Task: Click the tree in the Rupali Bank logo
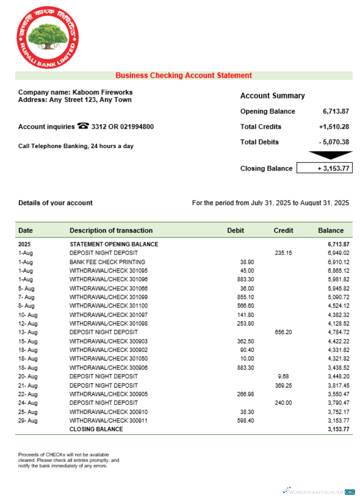(48, 37)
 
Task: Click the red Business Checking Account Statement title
(183, 75)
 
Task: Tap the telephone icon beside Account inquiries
(83, 126)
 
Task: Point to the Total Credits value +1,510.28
(333, 126)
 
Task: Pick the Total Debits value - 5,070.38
(333, 142)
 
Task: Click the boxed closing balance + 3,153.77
(324, 168)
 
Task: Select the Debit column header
(235, 230)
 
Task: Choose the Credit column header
(283, 230)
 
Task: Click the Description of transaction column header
(111, 230)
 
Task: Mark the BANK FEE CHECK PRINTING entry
(107, 262)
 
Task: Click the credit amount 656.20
(283, 332)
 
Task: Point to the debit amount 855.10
(245, 297)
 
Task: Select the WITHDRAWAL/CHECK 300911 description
(108, 420)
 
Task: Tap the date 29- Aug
(27, 420)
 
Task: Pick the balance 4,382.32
(338, 314)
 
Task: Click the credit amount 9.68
(283, 376)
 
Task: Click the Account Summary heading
(272, 95)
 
